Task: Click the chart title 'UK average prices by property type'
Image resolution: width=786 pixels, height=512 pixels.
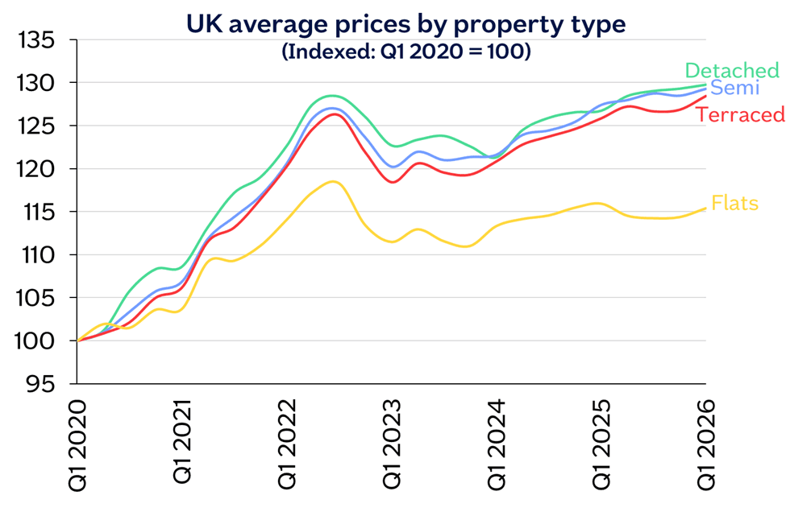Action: [405, 24]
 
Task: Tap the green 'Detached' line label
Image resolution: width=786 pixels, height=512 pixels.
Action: [731, 71]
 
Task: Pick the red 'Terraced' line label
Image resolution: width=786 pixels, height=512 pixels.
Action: [740, 115]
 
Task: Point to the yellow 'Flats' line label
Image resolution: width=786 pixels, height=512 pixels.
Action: [734, 203]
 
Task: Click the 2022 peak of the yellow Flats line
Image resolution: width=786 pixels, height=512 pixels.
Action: [332, 182]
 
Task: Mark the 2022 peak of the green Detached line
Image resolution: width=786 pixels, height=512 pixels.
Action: [333, 96]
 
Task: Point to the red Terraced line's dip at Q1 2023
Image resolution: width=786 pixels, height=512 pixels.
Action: [393, 182]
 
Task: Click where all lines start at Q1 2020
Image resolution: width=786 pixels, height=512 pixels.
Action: [78, 341]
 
